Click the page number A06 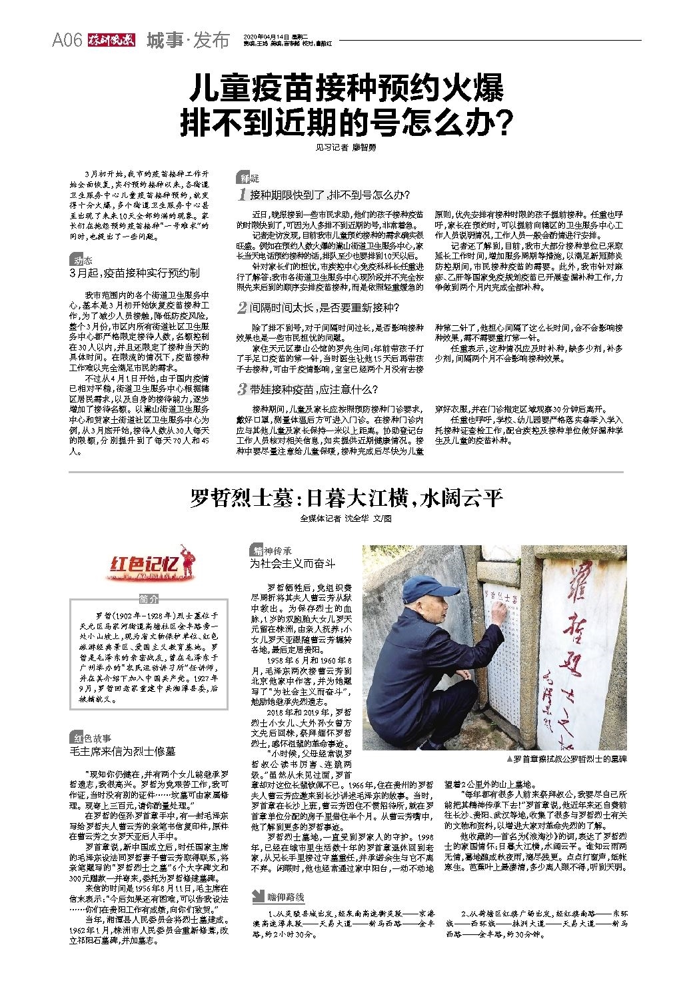pos(67,41)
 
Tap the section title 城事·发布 pos(187,41)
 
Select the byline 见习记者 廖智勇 pos(346,147)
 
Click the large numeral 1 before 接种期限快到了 pos(243,195)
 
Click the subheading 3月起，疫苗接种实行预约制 pos(135,273)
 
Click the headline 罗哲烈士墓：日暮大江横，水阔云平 pos(346,497)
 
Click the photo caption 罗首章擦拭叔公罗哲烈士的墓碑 pos(566,758)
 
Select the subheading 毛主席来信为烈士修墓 pos(123,751)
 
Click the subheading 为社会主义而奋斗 pos(293,564)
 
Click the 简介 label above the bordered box pos(150,598)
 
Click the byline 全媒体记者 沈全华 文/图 pos(346,518)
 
